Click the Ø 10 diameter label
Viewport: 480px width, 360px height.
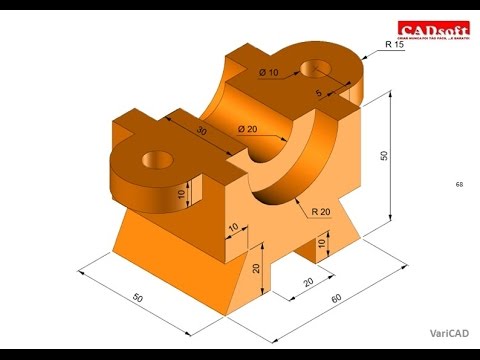(x=268, y=73)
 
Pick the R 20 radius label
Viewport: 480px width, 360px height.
(x=322, y=211)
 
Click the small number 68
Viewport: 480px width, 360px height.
(x=459, y=185)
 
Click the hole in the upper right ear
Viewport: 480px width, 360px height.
(x=322, y=70)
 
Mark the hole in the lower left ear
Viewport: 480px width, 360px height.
(x=157, y=157)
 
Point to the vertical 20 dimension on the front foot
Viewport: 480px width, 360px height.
(x=256, y=267)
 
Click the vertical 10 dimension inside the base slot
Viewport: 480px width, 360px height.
(x=323, y=242)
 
